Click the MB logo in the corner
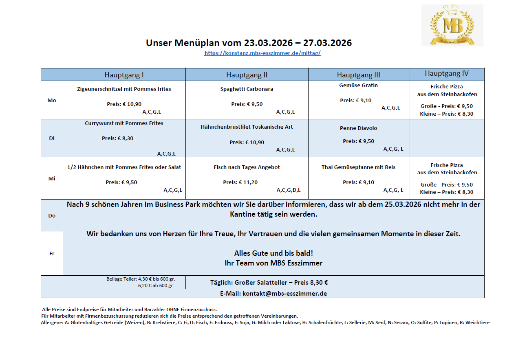click(452, 25)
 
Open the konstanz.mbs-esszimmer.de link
click(262, 53)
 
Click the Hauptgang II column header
click(247, 75)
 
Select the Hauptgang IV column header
click(446, 74)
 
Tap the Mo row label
click(52, 100)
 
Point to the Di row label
click(52, 138)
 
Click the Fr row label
click(52, 253)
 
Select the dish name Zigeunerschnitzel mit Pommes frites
click(124, 89)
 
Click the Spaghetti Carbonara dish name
click(247, 89)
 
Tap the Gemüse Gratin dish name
click(358, 85)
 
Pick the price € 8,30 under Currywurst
click(125, 138)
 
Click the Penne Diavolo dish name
click(358, 128)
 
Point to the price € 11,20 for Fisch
click(248, 182)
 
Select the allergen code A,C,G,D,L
click(289, 190)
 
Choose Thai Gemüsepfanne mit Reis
click(358, 167)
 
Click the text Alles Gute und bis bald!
click(273, 253)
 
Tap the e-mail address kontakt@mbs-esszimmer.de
click(284, 293)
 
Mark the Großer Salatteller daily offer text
click(269, 282)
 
